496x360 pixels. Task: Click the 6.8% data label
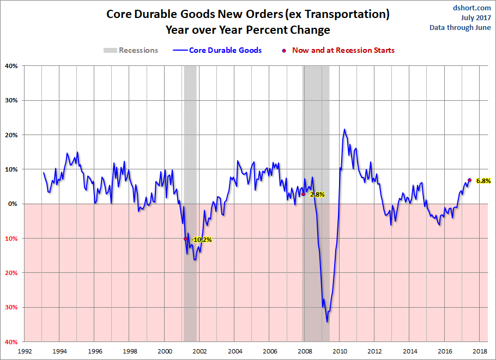(x=483, y=181)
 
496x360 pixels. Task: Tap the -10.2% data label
(x=202, y=239)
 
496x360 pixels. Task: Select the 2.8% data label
(x=317, y=194)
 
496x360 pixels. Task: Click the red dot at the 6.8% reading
(x=469, y=180)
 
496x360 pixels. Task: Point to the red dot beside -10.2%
(x=186, y=239)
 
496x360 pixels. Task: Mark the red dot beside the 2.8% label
(x=303, y=194)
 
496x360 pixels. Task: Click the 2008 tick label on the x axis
(x=304, y=351)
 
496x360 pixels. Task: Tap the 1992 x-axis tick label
(x=24, y=351)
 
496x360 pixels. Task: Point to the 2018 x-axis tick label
(x=480, y=351)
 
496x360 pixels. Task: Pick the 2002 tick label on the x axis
(x=199, y=351)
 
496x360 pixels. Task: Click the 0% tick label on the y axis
(x=13, y=204)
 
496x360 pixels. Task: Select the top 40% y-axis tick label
(x=11, y=66)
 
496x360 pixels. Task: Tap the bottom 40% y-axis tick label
(x=11, y=342)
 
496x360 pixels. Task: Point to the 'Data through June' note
(x=460, y=27)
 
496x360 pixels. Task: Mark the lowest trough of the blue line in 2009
(x=327, y=322)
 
